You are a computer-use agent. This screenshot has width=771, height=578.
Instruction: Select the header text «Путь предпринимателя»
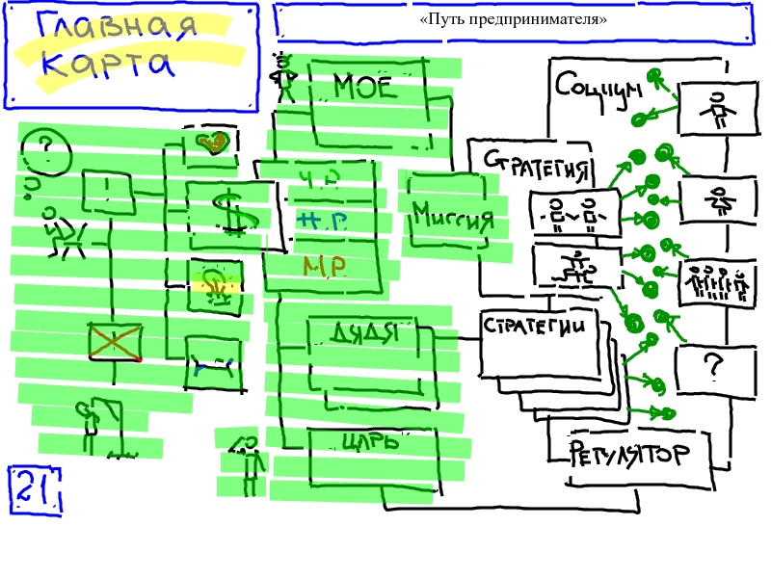pos(514,19)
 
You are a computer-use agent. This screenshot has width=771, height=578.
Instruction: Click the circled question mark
pos(44,150)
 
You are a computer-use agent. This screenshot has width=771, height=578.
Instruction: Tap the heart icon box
pos(212,145)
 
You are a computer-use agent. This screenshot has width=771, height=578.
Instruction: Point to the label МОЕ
pos(365,89)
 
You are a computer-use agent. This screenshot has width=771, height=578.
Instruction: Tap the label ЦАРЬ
pos(370,443)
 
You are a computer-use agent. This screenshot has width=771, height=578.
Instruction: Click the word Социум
pos(598,88)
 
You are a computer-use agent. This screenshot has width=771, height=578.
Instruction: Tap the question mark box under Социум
pos(713,367)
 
